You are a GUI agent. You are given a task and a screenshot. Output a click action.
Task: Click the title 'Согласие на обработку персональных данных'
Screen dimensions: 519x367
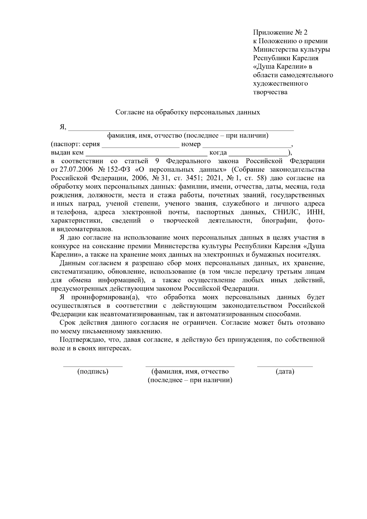point(187,112)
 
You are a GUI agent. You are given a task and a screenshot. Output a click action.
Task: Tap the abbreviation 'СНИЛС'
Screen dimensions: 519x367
point(283,212)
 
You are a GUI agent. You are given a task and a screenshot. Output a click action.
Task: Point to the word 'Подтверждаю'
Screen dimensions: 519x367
point(80,340)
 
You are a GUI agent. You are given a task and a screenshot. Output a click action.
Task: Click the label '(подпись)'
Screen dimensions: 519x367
point(93,372)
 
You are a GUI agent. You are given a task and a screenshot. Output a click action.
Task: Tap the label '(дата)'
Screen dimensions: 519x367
point(285,372)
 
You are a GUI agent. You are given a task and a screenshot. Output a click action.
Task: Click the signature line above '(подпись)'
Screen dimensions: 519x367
point(93,365)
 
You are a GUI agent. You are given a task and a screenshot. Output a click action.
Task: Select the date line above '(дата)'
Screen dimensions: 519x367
point(285,365)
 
